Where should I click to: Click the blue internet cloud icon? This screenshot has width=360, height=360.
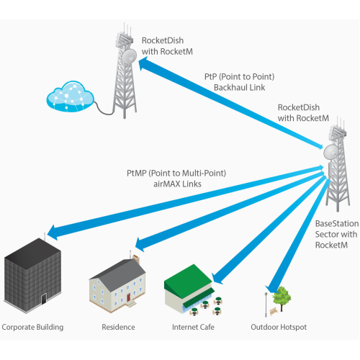(x=70, y=96)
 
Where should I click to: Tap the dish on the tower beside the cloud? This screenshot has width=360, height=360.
(x=129, y=56)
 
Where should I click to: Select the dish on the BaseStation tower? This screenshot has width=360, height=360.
(x=331, y=152)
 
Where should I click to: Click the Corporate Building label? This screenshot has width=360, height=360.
(x=32, y=327)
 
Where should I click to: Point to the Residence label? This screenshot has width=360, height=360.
(x=118, y=327)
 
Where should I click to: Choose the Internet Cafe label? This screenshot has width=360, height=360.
(x=193, y=327)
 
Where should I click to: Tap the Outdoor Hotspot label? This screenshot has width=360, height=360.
(x=279, y=327)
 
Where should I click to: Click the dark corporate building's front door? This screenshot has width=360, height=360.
(x=44, y=299)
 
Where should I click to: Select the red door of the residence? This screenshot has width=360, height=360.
(x=129, y=297)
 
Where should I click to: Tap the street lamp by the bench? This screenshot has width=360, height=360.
(x=266, y=305)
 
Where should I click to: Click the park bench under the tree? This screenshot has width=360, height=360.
(x=274, y=312)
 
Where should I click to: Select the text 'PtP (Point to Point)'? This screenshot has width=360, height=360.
(x=240, y=77)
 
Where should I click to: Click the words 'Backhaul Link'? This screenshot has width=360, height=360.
(x=240, y=88)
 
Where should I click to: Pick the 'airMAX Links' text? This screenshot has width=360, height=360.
(x=177, y=184)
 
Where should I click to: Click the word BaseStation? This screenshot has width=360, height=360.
(x=337, y=224)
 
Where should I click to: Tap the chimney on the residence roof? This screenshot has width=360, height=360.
(x=136, y=259)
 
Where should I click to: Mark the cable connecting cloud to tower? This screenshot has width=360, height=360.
(x=103, y=109)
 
